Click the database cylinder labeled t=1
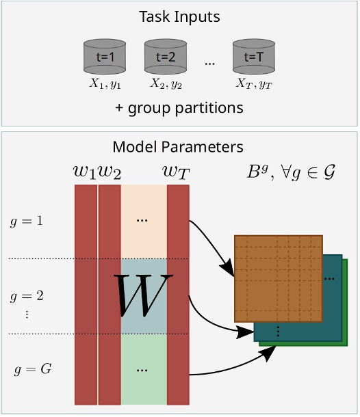pyautogui.click(x=103, y=57)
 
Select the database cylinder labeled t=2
pyautogui.click(x=166, y=57)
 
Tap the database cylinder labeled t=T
pyautogui.click(x=254, y=57)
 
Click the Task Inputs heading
pyautogui.click(x=179, y=15)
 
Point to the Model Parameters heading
pyautogui.click(x=178, y=147)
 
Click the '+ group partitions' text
pyautogui.click(x=179, y=108)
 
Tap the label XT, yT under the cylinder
pyautogui.click(x=254, y=84)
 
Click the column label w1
pyautogui.click(x=86, y=172)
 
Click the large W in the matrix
pyautogui.click(x=143, y=296)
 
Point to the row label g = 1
pyautogui.click(x=27, y=221)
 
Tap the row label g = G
pyautogui.click(x=33, y=370)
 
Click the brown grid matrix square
pyautogui.click(x=278, y=279)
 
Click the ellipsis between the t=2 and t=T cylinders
pyautogui.click(x=209, y=63)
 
